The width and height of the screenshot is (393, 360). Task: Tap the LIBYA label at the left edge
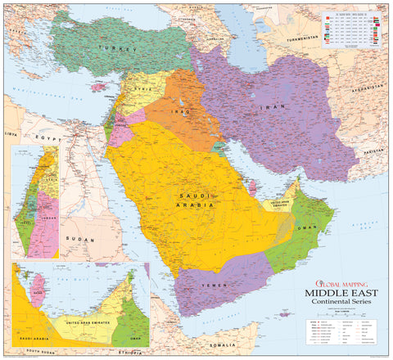10,132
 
